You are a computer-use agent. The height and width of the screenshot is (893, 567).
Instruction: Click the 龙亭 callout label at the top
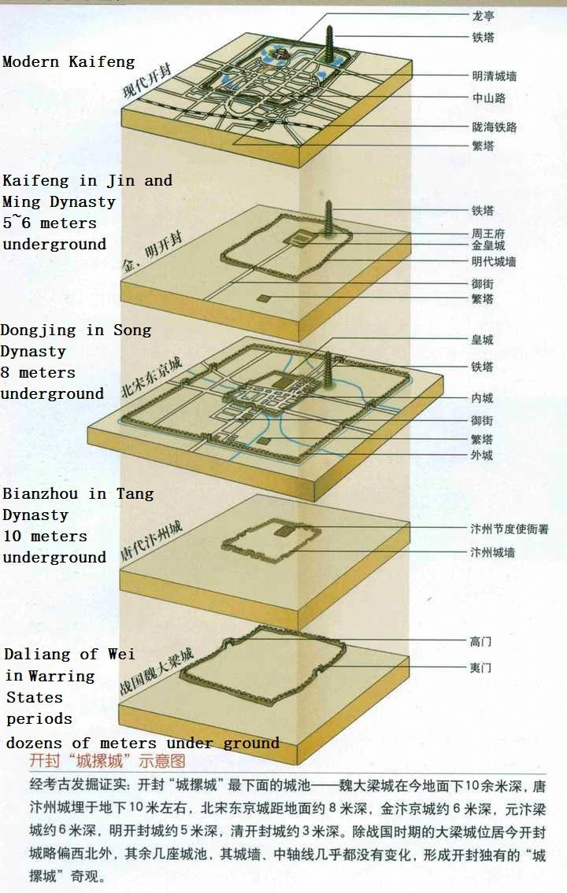coord(484,16)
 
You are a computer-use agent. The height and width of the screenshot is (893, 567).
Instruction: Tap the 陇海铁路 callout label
coord(494,127)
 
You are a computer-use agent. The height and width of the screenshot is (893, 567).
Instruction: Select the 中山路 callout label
coord(489,98)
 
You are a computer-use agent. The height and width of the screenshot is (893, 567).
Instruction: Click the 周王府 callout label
coord(488,233)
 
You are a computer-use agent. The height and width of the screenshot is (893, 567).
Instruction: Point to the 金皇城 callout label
coord(488,245)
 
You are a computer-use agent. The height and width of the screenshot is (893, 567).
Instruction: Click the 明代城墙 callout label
coord(494,261)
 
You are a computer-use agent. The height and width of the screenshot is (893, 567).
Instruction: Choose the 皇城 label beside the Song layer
coord(482,340)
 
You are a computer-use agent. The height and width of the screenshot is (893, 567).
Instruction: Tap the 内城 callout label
coord(482,398)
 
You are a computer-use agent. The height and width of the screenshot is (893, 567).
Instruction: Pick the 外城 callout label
coord(482,455)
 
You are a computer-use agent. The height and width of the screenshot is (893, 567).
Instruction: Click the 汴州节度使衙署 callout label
coord(510,529)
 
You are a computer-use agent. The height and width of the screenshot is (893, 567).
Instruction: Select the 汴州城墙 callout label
coord(492,552)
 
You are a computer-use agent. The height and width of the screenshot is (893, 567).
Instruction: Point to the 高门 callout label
coord(480,642)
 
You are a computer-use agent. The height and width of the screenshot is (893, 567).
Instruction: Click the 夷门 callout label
coord(480,667)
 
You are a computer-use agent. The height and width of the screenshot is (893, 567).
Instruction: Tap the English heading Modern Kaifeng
coord(69,61)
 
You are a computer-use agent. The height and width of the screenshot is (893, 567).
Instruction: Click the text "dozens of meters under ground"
coord(143,743)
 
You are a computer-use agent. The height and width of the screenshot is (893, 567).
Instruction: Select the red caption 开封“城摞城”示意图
coord(107,761)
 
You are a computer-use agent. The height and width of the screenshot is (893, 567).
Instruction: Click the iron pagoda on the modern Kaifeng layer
coord(329,46)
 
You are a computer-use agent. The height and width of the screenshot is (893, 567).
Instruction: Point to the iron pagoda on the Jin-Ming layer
coord(329,218)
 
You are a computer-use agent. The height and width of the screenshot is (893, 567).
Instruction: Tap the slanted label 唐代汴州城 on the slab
coord(151,541)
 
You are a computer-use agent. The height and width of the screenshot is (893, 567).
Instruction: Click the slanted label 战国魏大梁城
coord(156,671)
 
